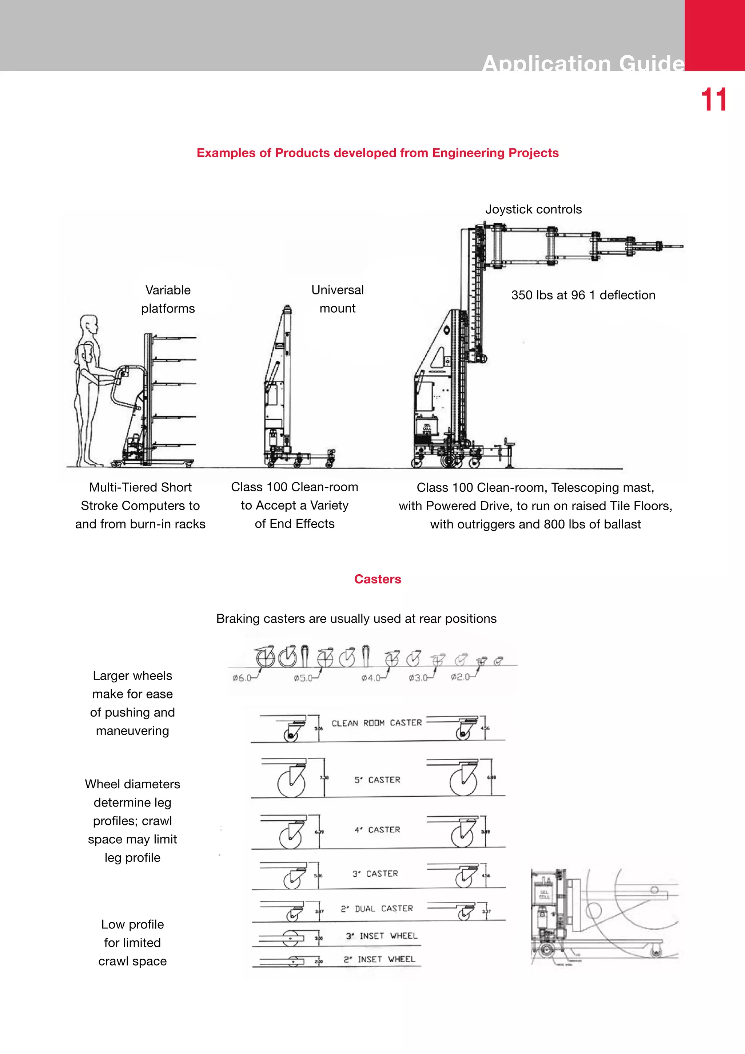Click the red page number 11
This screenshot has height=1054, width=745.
(x=713, y=100)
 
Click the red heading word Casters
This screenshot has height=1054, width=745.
(x=377, y=579)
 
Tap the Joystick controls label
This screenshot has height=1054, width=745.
(x=533, y=209)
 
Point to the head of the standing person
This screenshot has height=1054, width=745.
(x=89, y=325)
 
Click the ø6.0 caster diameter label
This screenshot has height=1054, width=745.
(x=242, y=678)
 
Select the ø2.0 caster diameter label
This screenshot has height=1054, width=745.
(x=460, y=677)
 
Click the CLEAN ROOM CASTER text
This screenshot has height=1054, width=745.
(x=376, y=723)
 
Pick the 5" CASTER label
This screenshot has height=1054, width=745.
(x=377, y=780)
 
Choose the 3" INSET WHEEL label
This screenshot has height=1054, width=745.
(x=381, y=936)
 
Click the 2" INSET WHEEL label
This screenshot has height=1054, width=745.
(x=379, y=959)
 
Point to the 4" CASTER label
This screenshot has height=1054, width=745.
(x=377, y=829)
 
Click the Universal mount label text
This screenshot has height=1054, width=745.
(x=337, y=299)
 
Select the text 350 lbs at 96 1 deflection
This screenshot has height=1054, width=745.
(x=583, y=295)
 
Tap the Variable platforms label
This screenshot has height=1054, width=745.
(x=168, y=299)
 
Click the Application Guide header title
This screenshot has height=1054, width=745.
(x=583, y=63)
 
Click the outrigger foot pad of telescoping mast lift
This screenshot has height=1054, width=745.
(x=509, y=465)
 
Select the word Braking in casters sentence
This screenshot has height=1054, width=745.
(x=237, y=619)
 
